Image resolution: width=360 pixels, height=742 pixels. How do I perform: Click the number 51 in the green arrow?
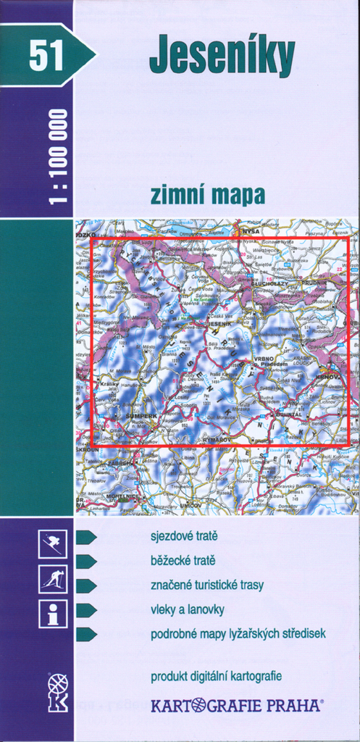coord(46,56)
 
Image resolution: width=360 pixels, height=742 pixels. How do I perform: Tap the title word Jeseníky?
coord(222,57)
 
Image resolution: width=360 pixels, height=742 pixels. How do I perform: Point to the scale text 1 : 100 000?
coord(59,157)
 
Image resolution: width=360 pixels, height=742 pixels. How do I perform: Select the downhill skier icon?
coord(53,543)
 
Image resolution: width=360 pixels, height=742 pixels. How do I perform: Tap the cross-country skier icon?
coord(53,579)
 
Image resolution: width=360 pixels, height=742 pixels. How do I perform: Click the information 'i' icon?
coord(53,614)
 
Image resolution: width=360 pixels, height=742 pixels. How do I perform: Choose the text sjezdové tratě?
coord(184,536)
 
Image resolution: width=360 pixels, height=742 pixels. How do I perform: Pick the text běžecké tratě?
coord(183,560)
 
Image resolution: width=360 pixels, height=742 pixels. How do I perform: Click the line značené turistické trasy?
coord(207,585)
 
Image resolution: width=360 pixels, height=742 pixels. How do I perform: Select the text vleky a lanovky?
coord(188,609)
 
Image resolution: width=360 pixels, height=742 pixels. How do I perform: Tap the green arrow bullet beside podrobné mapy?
coord(86,634)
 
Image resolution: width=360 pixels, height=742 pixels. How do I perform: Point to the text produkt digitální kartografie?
coord(216,677)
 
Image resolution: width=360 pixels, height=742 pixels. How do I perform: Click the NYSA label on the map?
coord(251,230)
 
